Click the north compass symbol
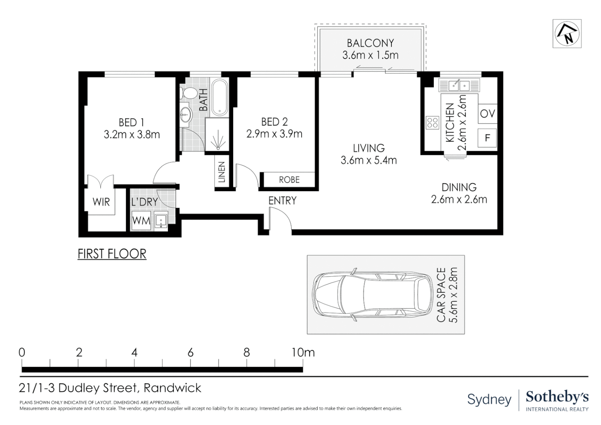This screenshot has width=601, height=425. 567,34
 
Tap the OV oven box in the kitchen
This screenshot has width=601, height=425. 487,114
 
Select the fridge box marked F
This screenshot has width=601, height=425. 487,138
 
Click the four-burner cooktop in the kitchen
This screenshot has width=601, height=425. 432,123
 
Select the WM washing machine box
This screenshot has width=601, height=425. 141,220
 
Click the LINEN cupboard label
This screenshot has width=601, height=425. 221,172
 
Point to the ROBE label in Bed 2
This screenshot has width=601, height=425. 289,179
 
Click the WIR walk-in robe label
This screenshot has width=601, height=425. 101,201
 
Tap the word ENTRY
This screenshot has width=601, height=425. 282,201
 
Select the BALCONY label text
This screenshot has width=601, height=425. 370,43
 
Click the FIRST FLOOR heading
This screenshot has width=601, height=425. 112,254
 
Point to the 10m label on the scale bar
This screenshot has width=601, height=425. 303,352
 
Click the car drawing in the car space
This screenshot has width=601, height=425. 373,294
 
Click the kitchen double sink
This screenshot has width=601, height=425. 459,85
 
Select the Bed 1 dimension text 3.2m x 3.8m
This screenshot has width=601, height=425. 132,134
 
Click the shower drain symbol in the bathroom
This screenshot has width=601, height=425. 218,148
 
